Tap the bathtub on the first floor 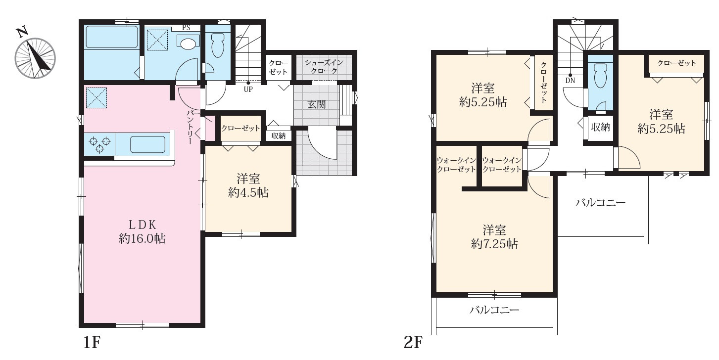(111, 37)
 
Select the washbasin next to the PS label (188, 44)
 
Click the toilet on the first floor (218, 46)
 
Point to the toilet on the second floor (600, 77)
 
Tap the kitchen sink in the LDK (147, 144)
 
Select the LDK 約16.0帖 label (142, 231)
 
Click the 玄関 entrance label (317, 105)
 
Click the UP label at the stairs (247, 90)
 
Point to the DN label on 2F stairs (570, 80)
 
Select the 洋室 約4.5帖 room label (248, 186)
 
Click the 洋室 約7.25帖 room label (494, 236)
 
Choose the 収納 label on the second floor (600, 127)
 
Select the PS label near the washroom (186, 28)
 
